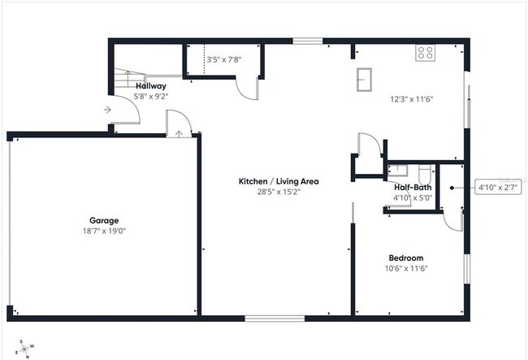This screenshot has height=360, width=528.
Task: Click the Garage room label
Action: pyautogui.click(x=104, y=220)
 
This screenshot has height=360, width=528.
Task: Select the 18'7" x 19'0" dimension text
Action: pyautogui.click(x=104, y=231)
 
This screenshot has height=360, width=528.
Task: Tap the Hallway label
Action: pyautogui.click(x=150, y=85)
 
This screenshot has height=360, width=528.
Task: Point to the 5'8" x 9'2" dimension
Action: pyautogui.click(x=150, y=96)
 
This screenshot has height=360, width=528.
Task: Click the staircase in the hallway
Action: pyautogui.click(x=124, y=80)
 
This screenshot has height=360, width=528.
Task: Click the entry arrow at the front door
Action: pyautogui.click(x=108, y=110)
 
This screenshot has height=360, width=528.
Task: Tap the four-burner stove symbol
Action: pyautogui.click(x=426, y=53)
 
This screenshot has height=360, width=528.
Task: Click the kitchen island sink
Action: pyautogui.click(x=365, y=79)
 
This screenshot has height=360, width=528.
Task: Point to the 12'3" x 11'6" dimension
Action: pyautogui.click(x=412, y=99)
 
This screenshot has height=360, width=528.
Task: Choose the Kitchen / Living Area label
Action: pyautogui.click(x=277, y=181)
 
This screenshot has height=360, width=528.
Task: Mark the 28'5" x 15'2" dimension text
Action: pyautogui.click(x=277, y=193)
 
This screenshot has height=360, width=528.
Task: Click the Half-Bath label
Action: pyautogui.click(x=412, y=187)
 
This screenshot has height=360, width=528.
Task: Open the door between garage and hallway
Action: pyautogui.click(x=180, y=126)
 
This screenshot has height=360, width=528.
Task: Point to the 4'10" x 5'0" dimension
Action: pyautogui.click(x=410, y=197)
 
